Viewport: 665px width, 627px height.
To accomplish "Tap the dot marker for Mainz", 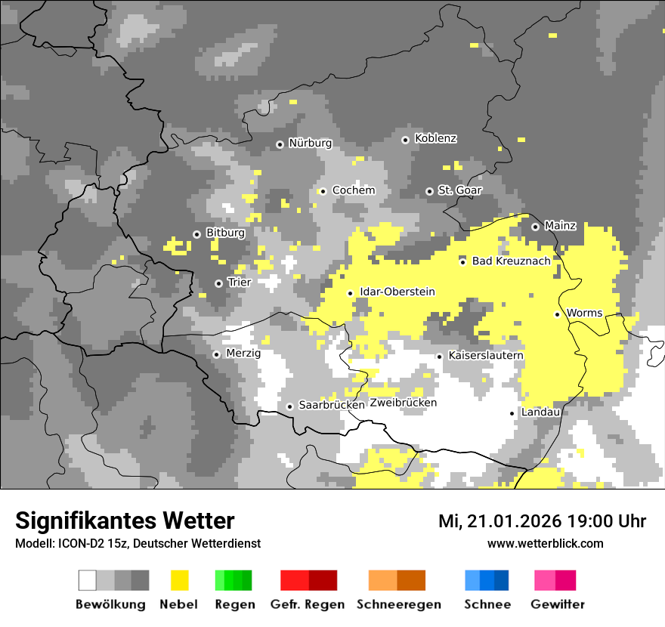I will tap(535, 227).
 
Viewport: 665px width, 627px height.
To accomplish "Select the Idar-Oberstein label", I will tap(397, 292).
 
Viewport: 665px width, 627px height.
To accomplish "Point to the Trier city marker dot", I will tap(218, 283).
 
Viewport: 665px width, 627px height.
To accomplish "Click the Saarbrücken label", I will tap(332, 406).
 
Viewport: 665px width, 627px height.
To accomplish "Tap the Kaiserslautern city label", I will tap(485, 356).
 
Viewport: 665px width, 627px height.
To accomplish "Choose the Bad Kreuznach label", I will tap(511, 261).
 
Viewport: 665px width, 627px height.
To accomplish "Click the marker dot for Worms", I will tap(557, 314).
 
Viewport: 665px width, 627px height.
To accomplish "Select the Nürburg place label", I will tap(310, 144).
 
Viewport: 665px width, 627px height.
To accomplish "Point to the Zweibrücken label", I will tap(403, 403).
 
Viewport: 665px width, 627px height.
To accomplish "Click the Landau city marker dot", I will tap(512, 413).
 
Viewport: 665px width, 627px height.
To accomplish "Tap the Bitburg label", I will tap(225, 233).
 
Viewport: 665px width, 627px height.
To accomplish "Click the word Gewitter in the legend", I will tap(557, 604).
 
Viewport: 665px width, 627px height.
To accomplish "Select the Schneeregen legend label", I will tap(398, 604).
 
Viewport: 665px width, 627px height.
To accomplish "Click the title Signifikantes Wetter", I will tap(125, 520).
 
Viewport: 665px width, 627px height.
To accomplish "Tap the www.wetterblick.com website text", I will tap(545, 544).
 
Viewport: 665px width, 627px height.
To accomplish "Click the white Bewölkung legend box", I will tap(87, 580).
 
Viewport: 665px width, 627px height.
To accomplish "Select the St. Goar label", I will tap(459, 190).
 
